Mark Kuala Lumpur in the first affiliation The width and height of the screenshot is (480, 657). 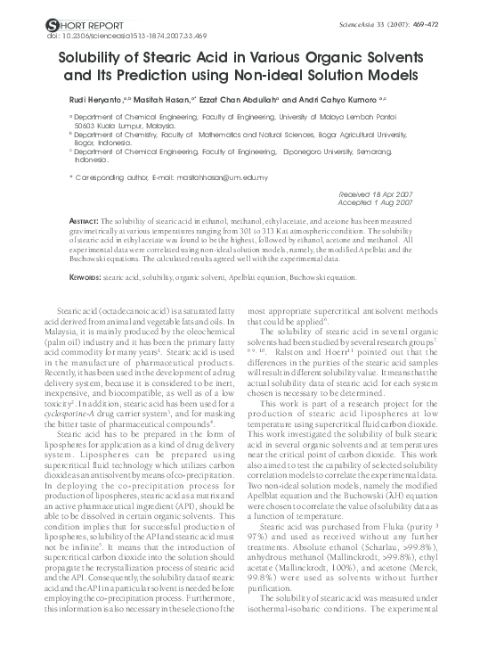(x=125, y=126)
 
